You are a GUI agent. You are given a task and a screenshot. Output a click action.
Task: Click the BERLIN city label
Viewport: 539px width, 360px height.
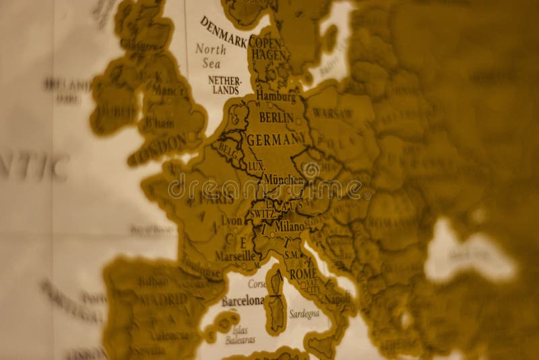coord(276,118)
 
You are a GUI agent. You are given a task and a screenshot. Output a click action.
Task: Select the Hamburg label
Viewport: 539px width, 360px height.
coord(276,96)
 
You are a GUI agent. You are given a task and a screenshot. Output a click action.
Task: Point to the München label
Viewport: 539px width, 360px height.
coord(285,181)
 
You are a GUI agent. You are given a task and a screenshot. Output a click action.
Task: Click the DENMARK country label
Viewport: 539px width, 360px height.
coord(223,32)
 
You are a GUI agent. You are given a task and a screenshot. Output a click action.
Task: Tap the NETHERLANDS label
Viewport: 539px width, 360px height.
coord(224,85)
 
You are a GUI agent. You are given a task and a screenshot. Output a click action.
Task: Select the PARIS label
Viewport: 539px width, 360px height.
coord(217,199)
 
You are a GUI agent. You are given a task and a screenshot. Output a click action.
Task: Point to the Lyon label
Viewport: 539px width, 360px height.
coord(231,220)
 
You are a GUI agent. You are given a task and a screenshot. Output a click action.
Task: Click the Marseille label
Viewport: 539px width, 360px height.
coord(234,256)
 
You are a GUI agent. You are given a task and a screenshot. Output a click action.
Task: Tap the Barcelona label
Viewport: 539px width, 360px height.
coord(243,301)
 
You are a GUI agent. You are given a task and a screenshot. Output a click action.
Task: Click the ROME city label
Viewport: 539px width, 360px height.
coord(303,274)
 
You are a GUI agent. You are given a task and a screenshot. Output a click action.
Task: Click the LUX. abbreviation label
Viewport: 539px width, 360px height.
coord(255,164)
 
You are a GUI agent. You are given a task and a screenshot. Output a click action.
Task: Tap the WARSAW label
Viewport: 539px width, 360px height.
coord(332,112)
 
